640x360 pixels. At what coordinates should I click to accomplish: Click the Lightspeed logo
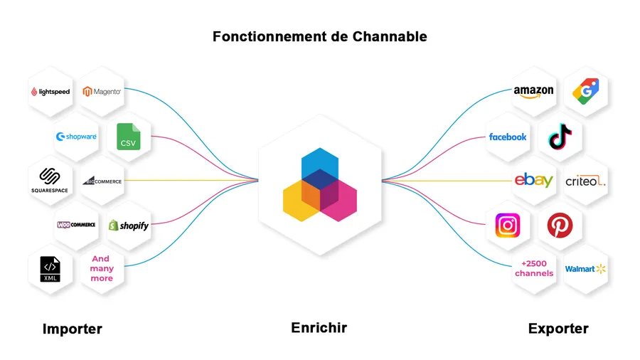click(x=50, y=92)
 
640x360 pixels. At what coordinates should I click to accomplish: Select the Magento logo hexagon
click(x=102, y=91)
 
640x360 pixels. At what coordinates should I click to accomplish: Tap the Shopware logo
click(x=76, y=137)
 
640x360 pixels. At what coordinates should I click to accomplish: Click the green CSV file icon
click(x=129, y=137)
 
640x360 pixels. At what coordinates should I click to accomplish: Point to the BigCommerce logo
click(x=102, y=181)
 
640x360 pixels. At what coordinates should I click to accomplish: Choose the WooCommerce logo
click(x=76, y=225)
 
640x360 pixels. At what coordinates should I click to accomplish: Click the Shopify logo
click(x=129, y=226)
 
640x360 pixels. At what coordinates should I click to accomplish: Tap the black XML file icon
click(x=50, y=270)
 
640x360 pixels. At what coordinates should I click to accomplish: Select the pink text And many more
click(x=102, y=269)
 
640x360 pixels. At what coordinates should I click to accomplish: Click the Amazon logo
click(x=533, y=92)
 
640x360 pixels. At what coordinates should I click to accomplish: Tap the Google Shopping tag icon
click(x=586, y=92)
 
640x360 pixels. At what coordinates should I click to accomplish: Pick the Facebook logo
click(x=508, y=137)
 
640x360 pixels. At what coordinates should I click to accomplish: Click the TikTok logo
click(x=560, y=135)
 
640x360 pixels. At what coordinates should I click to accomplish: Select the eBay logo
click(x=533, y=181)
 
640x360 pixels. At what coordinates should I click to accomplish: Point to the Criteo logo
click(x=586, y=181)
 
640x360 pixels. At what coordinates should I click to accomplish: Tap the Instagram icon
click(x=508, y=226)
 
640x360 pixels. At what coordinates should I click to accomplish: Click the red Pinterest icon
click(x=560, y=226)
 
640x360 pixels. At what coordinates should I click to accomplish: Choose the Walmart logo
click(x=586, y=269)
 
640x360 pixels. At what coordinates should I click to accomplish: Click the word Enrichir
click(x=319, y=328)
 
